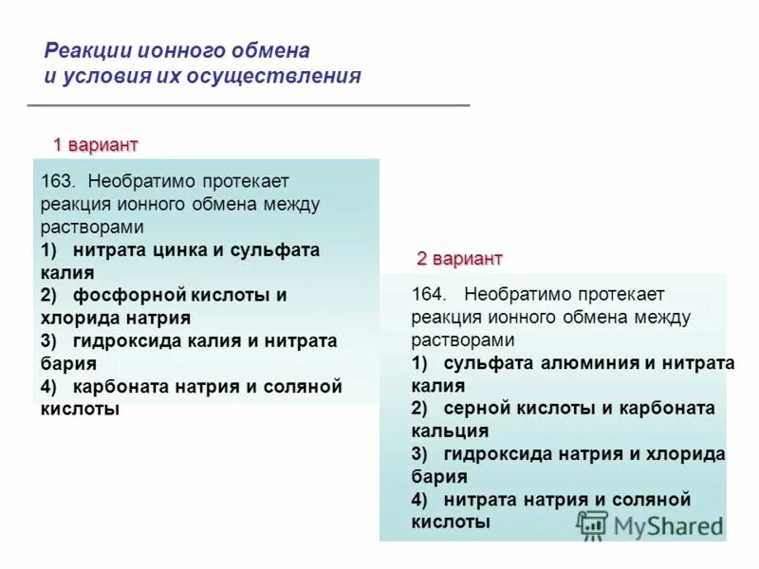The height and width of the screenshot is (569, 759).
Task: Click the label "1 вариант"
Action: [95, 145]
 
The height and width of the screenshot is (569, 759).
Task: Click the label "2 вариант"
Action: [459, 259]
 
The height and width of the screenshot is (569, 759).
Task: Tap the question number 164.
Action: [428, 295]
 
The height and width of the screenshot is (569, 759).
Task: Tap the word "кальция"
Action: [450, 431]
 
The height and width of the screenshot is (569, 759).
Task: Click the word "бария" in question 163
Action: [68, 363]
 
